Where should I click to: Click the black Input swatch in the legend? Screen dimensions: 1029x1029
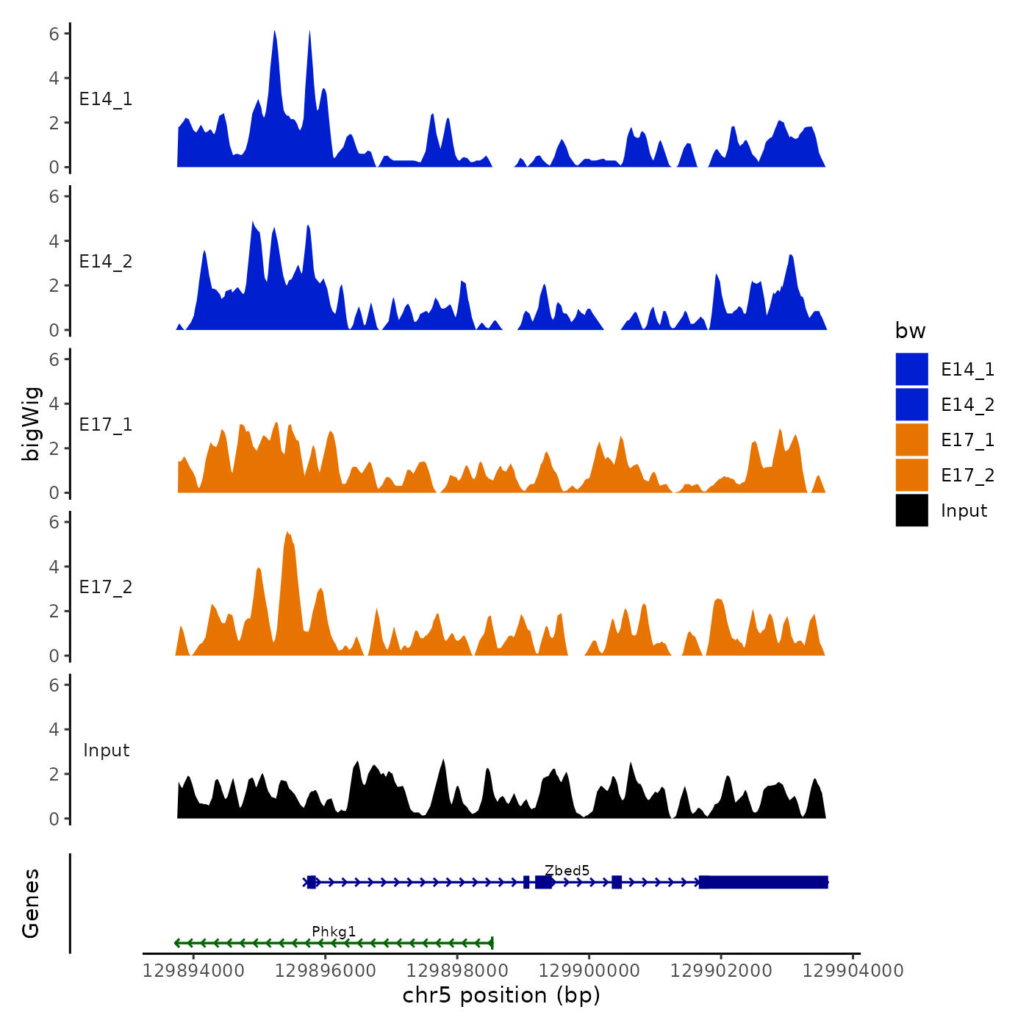[911, 510]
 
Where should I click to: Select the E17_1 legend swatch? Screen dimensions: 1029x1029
[911, 440]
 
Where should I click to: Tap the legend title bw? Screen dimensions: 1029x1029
[910, 331]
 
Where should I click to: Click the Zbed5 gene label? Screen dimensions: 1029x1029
[567, 870]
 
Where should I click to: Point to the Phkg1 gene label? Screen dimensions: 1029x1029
[334, 931]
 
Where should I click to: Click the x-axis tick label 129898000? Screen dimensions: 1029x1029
[457, 970]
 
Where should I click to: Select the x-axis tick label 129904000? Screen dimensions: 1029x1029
[853, 970]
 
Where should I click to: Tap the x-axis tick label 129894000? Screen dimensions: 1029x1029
[193, 970]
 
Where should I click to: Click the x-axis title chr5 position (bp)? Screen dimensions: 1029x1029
[501, 995]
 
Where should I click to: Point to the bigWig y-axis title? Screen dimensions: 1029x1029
[31, 424]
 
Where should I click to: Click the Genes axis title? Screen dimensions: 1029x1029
[31, 903]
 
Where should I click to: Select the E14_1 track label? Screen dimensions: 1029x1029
[106, 99]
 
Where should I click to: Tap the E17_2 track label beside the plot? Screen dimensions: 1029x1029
[106, 587]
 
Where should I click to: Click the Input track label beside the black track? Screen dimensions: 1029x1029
[106, 750]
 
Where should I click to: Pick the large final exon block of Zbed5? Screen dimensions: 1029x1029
[763, 882]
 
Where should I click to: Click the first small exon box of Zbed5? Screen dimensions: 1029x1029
[312, 882]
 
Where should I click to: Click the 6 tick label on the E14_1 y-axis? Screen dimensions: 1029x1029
[54, 33]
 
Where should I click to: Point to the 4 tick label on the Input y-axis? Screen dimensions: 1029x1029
[54, 729]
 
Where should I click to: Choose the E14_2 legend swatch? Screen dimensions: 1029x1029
[911, 404]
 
